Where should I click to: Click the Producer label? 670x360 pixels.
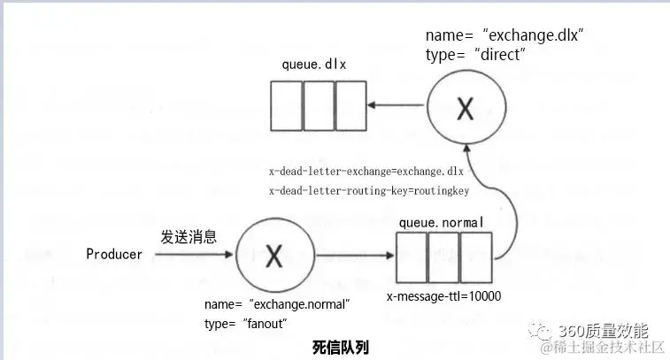[x=114, y=255]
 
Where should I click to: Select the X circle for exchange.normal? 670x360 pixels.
[x=274, y=257]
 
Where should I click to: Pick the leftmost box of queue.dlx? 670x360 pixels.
[x=287, y=106]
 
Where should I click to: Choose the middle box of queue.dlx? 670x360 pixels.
[x=318, y=106]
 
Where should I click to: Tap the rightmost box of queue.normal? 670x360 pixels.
[x=475, y=257]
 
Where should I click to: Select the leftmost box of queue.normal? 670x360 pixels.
[x=411, y=257]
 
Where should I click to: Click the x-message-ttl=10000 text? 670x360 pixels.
[x=444, y=297]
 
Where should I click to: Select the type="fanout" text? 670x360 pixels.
[x=246, y=324]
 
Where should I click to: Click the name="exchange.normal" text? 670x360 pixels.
[x=277, y=304]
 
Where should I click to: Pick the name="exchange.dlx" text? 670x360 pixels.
[x=504, y=35]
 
